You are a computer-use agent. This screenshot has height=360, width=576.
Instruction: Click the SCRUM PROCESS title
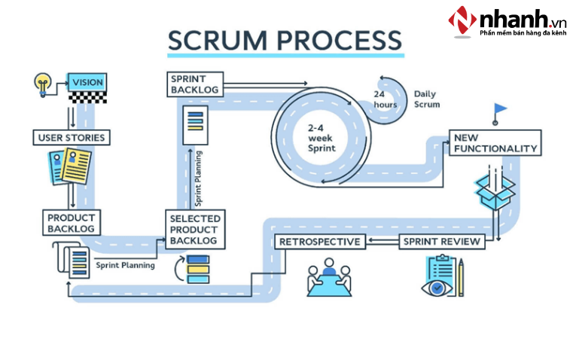[285, 40]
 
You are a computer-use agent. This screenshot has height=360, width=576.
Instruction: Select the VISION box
[87, 81]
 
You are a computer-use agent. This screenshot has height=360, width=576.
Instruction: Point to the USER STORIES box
[71, 138]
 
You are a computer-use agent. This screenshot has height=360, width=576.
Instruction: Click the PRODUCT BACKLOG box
[70, 222]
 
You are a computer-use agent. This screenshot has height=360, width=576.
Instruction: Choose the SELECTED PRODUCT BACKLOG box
[195, 229]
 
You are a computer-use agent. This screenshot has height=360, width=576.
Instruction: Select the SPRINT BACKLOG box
[195, 84]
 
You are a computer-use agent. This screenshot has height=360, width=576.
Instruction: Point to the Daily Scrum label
[426, 99]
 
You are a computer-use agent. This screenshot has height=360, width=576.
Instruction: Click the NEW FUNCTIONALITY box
[495, 143]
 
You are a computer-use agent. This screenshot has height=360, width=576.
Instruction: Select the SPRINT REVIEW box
[440, 242]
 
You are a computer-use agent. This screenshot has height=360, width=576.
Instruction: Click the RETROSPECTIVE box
[321, 242]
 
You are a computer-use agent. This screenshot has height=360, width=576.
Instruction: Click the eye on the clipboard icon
[437, 287]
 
